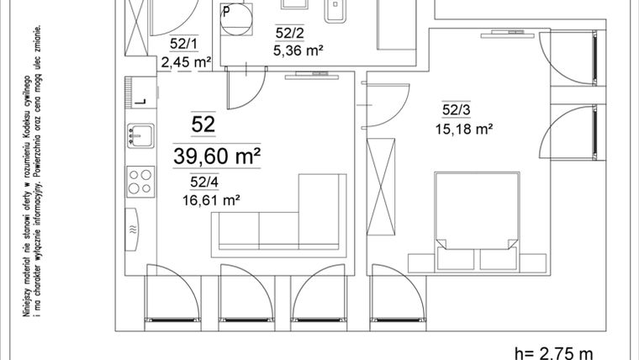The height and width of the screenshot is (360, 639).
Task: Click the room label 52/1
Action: click(183, 44)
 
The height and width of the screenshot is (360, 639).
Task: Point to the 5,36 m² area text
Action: click(298, 50)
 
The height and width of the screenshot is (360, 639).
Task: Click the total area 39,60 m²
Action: click(216, 156)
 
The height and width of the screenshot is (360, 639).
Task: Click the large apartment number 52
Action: click(203, 124)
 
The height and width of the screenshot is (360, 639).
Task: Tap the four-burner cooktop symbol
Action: click(140, 179)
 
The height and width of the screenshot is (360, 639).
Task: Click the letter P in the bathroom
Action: click(226, 11)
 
